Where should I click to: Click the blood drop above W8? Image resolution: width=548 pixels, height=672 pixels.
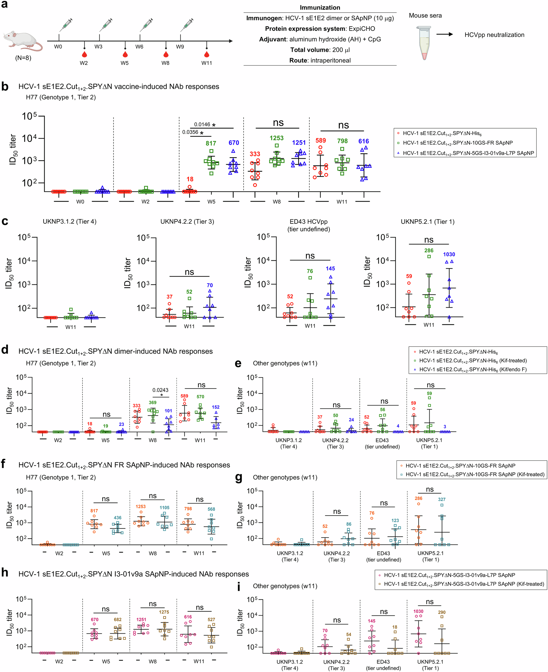(x=166, y=54)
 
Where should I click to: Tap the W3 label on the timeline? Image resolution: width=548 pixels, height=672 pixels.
(x=98, y=47)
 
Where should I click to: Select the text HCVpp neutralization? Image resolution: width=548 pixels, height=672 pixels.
(x=494, y=35)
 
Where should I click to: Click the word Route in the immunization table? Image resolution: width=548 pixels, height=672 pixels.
(x=298, y=60)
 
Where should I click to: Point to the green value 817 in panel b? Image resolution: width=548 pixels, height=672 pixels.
(x=211, y=143)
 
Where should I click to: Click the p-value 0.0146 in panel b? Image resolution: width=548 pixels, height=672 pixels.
(x=202, y=124)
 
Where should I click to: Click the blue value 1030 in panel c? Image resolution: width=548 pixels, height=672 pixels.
(x=449, y=254)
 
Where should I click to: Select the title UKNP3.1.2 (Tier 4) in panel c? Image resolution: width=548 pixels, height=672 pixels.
(x=69, y=222)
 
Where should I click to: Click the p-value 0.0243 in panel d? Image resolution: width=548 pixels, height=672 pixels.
(x=160, y=390)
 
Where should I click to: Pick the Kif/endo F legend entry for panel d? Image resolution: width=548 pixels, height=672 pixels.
(x=473, y=369)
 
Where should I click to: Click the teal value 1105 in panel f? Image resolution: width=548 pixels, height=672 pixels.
(x=164, y=508)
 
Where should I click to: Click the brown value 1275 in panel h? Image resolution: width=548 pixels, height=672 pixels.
(x=164, y=612)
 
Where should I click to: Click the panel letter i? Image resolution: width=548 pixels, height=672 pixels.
(x=239, y=587)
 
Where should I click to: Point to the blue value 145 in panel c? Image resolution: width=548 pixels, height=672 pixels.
(x=330, y=269)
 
